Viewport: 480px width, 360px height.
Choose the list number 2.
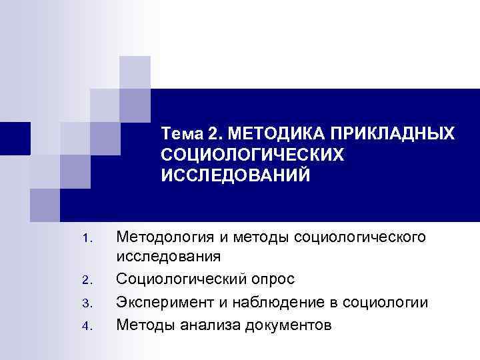[x=83, y=281]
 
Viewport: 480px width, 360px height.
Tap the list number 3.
[x=83, y=304]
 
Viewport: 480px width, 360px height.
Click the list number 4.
[x=83, y=327]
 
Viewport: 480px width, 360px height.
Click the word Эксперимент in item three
[x=163, y=303]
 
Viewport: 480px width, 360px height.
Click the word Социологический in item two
[x=179, y=280]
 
